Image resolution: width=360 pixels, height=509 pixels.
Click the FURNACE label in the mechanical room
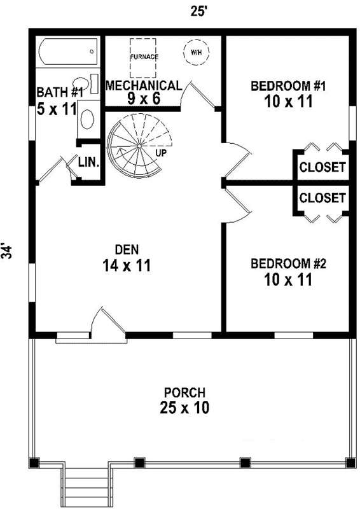[x=144, y=57]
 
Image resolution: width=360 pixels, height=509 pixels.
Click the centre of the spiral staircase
[x=138, y=147]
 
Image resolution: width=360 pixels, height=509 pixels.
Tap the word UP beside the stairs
[x=162, y=153]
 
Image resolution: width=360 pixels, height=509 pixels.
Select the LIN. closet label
[x=88, y=162]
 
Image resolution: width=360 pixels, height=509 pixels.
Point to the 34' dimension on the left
[x=8, y=250]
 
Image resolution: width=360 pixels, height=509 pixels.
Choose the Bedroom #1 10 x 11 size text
[x=288, y=102]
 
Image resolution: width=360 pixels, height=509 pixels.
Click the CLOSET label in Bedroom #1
[x=322, y=168]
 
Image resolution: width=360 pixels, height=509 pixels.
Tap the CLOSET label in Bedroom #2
[x=322, y=198]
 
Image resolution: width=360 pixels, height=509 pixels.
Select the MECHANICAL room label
[x=144, y=85]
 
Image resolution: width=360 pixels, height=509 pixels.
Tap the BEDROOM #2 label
[x=288, y=263]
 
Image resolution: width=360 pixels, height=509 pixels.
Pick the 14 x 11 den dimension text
[x=126, y=266]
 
